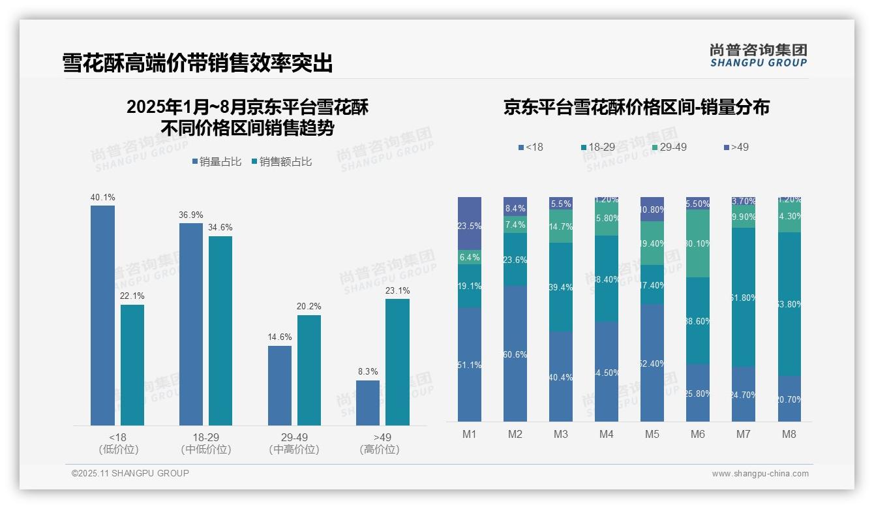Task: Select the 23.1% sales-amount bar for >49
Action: [x=397, y=362]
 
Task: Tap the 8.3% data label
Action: [x=368, y=371]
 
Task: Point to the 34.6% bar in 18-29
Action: [x=220, y=331]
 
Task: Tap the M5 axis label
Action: [x=652, y=434]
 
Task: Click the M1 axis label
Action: [x=470, y=434]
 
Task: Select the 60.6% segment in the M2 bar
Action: [x=515, y=354]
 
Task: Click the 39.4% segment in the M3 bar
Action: [x=561, y=287]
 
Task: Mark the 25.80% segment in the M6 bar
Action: [x=697, y=393]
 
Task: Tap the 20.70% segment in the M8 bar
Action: [x=789, y=399]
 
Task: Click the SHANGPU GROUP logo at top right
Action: [x=758, y=55]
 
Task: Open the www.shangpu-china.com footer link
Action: [x=760, y=474]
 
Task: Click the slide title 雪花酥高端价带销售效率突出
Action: [x=198, y=63]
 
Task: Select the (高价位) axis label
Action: [x=379, y=450]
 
